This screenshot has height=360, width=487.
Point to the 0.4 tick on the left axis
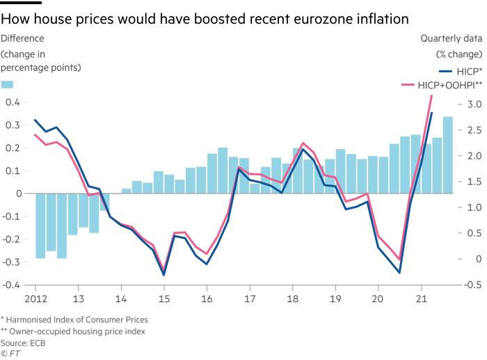point(12,102)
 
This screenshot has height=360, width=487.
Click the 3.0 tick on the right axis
point(474,104)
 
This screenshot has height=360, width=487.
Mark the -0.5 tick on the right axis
point(472,285)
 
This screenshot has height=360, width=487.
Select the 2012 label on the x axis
point(36,299)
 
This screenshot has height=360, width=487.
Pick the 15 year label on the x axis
point(163,299)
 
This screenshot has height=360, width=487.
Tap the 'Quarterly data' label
point(451,39)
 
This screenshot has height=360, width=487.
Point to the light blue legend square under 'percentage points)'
point(7,84)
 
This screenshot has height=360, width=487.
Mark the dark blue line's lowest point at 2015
point(164,275)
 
